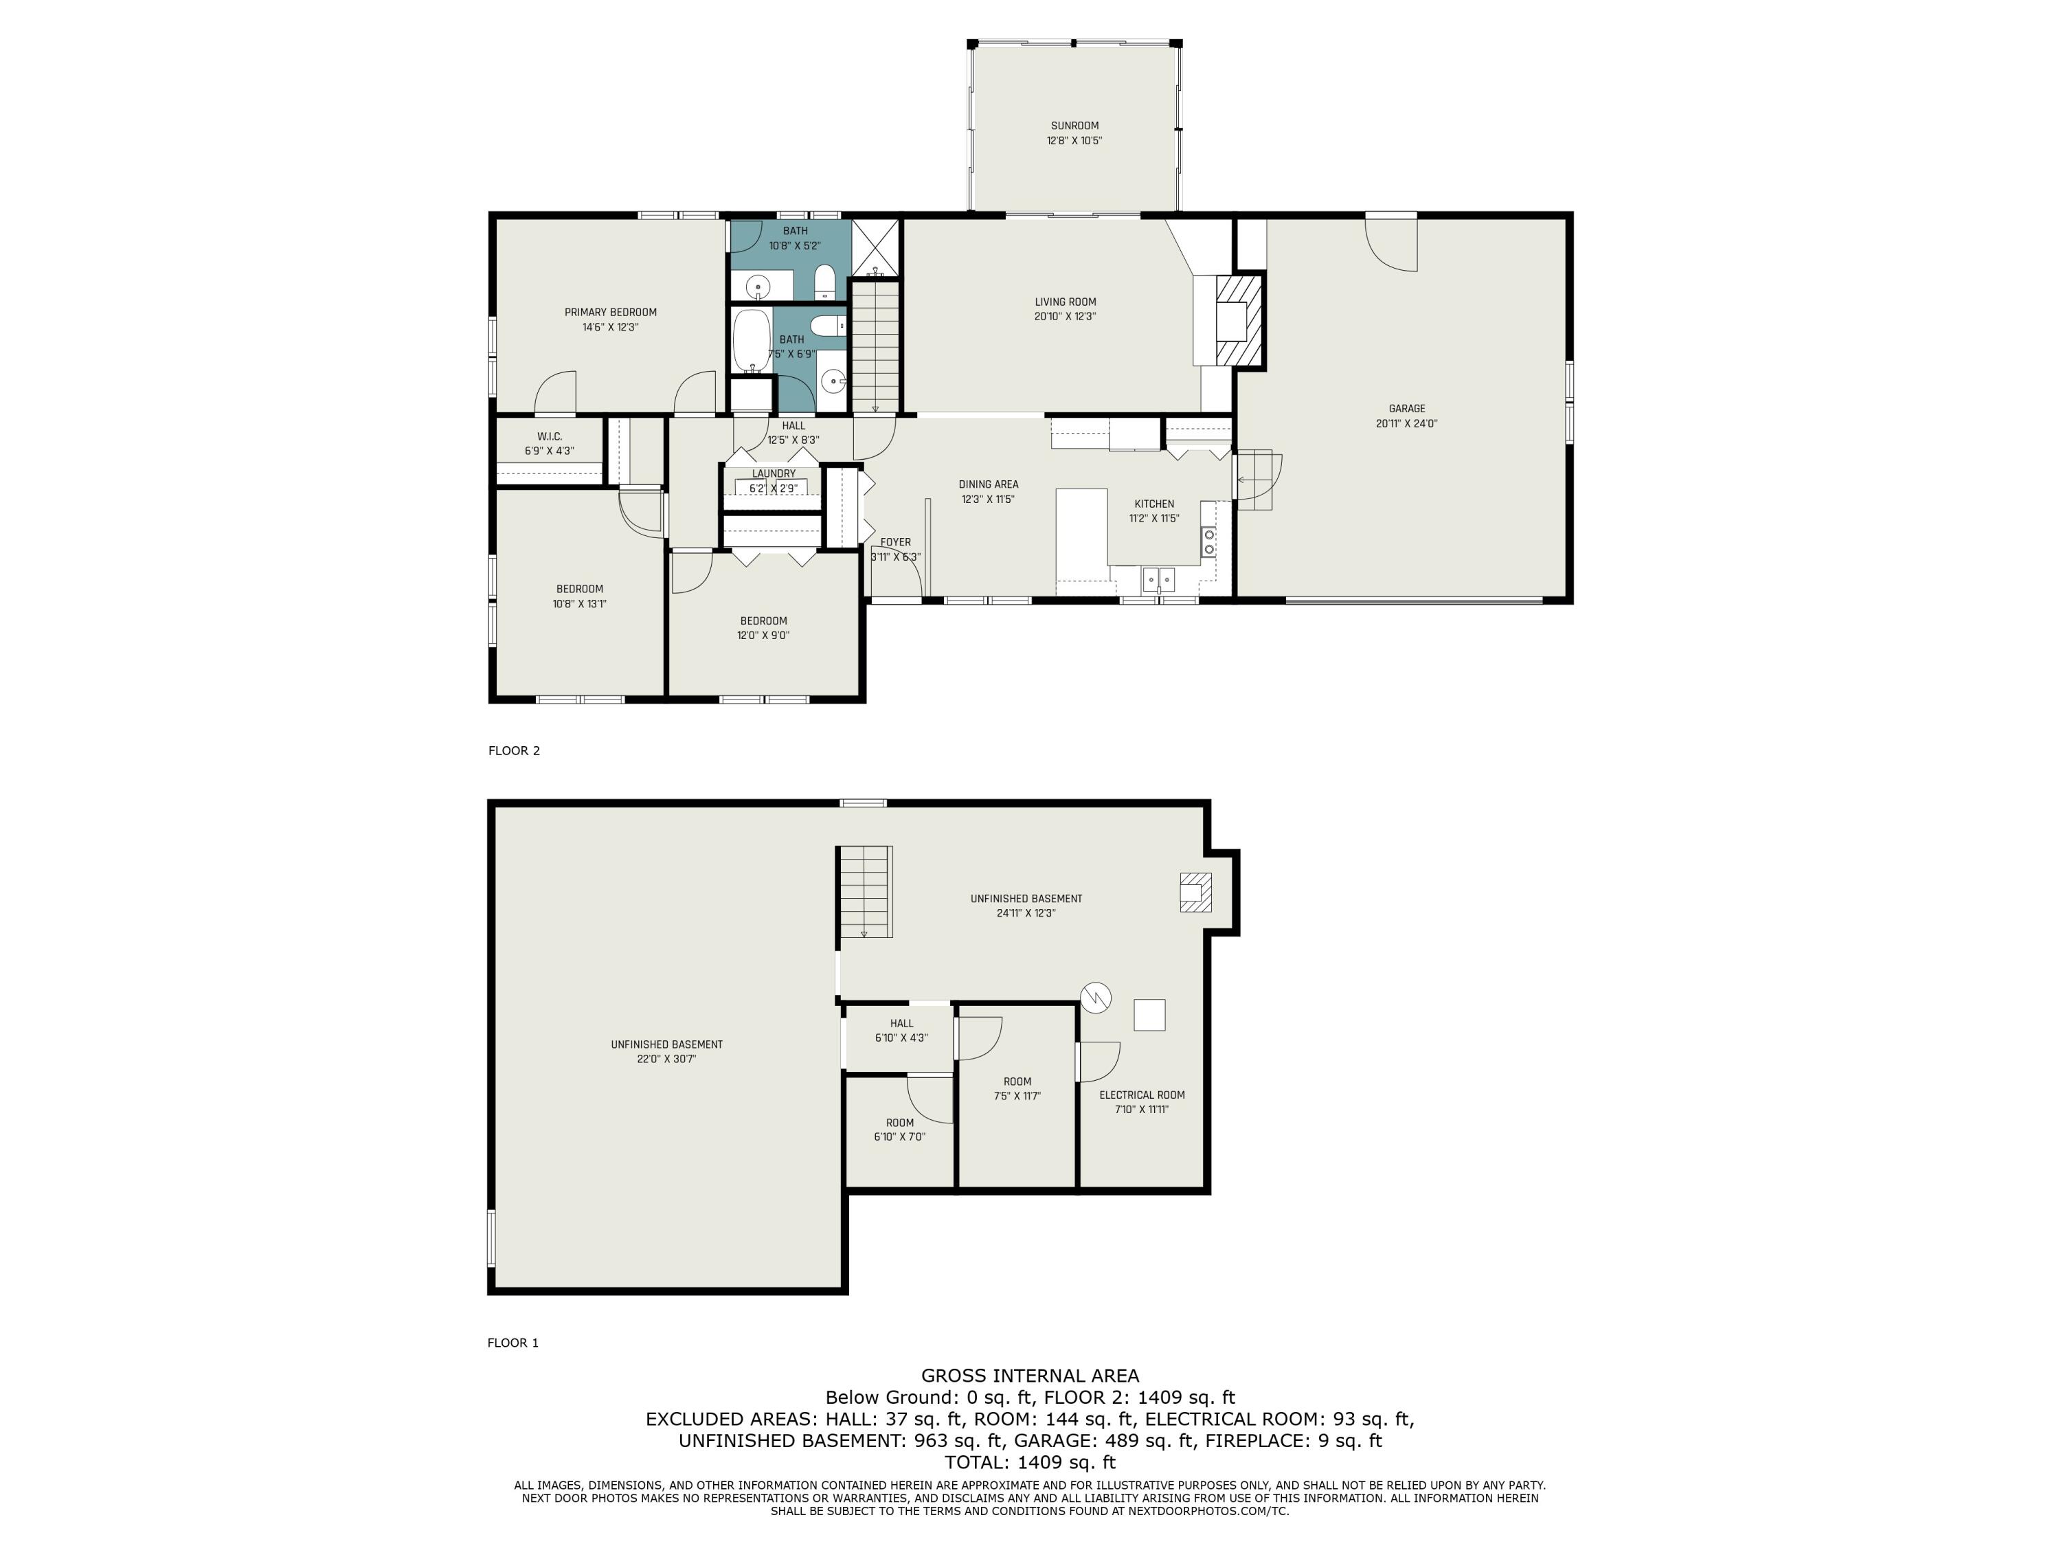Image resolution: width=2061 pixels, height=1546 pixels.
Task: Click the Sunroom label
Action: (x=1074, y=126)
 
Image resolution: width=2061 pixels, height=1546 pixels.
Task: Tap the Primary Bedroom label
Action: (x=610, y=312)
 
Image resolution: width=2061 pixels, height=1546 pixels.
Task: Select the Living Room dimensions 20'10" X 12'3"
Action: (x=1065, y=317)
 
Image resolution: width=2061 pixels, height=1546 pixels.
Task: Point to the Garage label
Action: (x=1407, y=408)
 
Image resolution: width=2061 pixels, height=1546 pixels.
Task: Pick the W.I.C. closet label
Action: (x=550, y=436)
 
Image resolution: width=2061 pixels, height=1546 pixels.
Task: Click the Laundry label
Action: (x=774, y=473)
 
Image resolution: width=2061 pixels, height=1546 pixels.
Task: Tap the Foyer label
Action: (x=895, y=542)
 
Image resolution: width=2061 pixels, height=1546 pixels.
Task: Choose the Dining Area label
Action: (x=989, y=484)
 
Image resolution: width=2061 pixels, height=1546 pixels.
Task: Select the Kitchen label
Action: (x=1154, y=504)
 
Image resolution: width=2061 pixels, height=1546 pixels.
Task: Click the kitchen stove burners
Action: (x=1208, y=541)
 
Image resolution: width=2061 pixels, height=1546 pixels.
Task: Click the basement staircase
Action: (x=866, y=892)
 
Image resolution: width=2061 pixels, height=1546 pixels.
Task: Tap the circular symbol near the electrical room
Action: (x=1096, y=997)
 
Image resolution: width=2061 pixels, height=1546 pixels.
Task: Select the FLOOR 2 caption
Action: (x=515, y=751)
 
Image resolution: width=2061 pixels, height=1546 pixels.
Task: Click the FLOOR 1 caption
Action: (x=513, y=1343)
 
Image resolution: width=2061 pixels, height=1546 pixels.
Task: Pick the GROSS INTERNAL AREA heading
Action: (x=1030, y=1376)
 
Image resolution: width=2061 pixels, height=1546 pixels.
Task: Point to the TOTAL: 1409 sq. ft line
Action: (x=1030, y=1462)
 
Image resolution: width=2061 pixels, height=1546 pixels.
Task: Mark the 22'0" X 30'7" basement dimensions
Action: (x=667, y=1060)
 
